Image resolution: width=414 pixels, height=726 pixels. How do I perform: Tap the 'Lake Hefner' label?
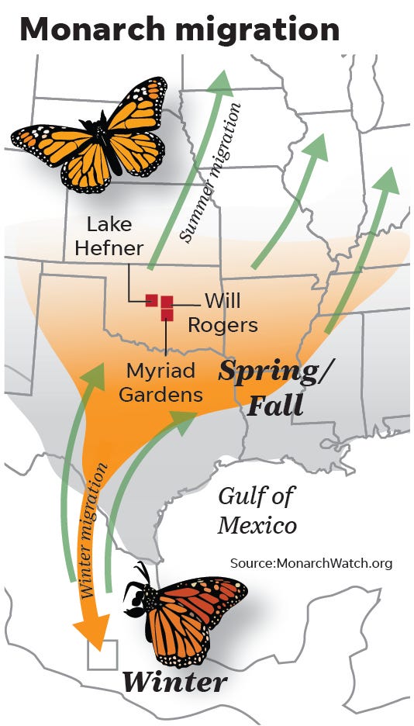click(x=115, y=237)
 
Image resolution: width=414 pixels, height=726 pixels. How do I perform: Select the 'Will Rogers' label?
click(x=230, y=312)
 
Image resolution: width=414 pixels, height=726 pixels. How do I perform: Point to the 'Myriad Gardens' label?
click(x=160, y=382)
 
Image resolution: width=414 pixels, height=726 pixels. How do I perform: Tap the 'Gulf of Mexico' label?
click(x=257, y=510)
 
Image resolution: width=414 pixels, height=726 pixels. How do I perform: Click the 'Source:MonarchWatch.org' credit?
click(x=311, y=563)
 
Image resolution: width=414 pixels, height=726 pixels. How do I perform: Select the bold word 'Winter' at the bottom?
click(x=175, y=683)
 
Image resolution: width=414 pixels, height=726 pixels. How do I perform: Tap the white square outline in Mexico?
click(x=102, y=655)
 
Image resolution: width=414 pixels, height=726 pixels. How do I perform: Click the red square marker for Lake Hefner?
click(x=152, y=301)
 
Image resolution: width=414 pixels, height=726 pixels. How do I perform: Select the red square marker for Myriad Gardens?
click(x=167, y=314)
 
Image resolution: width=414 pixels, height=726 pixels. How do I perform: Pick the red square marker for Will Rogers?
click(x=167, y=301)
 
